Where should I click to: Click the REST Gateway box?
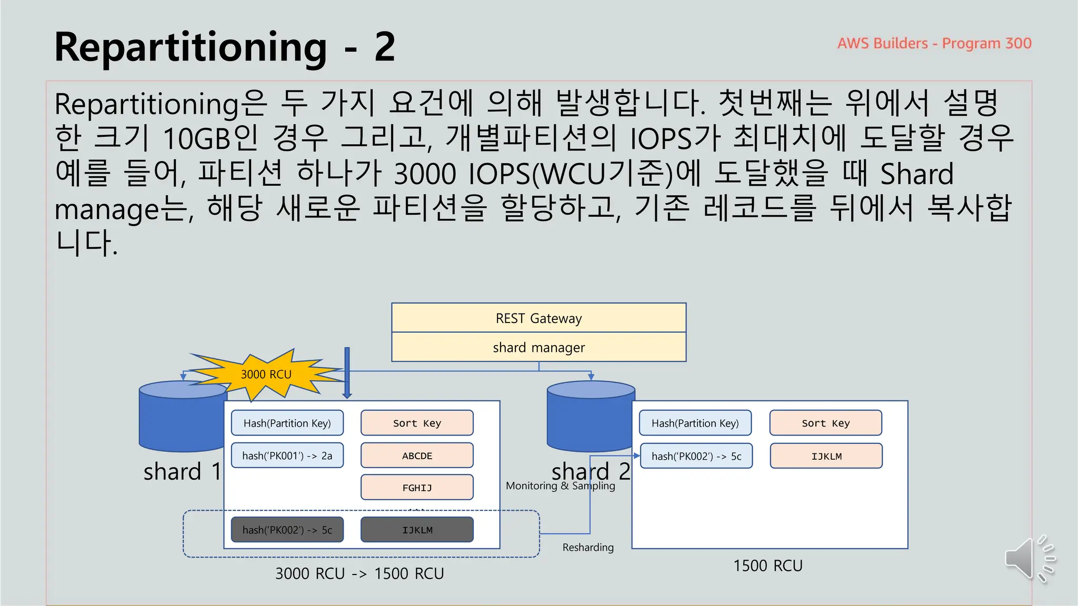[538, 318]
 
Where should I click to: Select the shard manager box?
[538, 347]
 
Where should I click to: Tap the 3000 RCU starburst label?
[266, 375]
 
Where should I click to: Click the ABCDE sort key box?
[417, 456]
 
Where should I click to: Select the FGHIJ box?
[417, 488]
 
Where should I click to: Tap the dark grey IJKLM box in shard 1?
[417, 530]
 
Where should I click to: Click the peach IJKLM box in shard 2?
[826, 456]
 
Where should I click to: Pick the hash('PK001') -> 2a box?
[287, 456]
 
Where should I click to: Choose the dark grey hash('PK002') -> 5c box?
[287, 530]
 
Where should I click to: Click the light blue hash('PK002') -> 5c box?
[696, 456]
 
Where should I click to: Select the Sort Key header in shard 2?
[825, 423]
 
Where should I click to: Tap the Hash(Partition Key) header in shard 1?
[287, 423]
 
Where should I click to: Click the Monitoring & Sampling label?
[560, 486]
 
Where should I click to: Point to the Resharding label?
[588, 547]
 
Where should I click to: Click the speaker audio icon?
[1029, 559]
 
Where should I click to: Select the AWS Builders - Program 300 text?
[934, 43]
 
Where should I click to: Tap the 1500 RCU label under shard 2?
[767, 565]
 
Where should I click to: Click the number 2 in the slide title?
[385, 47]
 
